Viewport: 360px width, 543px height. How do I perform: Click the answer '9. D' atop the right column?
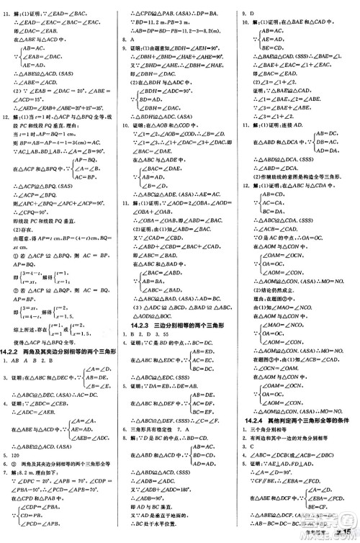[x=245, y=12]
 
